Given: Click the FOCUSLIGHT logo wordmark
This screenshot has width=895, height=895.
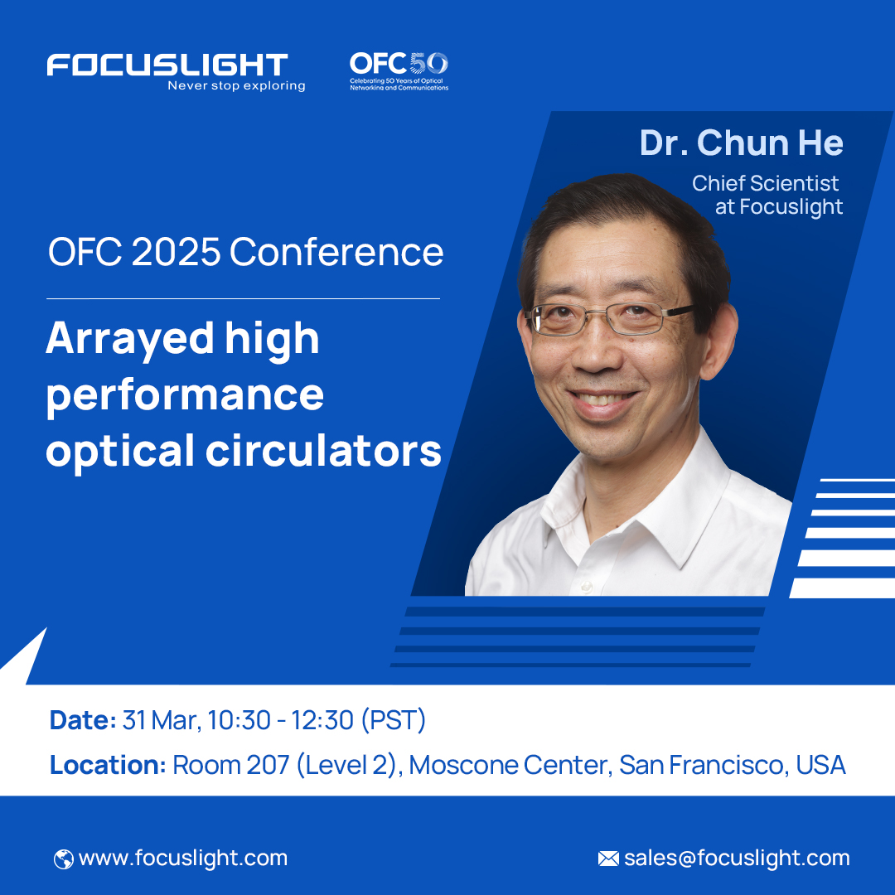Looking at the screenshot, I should click(x=167, y=65).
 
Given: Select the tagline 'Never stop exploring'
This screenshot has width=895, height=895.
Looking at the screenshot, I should click(x=236, y=86).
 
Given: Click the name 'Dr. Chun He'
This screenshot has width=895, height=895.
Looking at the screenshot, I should click(x=741, y=143).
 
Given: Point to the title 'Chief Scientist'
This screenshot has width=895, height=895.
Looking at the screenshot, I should click(x=766, y=183).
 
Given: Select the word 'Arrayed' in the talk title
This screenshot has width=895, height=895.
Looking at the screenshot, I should click(x=120, y=340).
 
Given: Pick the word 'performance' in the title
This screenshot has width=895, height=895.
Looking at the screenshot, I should click(x=185, y=395).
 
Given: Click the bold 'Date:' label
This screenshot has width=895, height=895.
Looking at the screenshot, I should click(x=83, y=720).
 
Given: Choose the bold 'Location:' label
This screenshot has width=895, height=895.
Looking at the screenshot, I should click(x=108, y=765).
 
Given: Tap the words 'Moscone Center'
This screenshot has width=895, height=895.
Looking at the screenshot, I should click(x=510, y=765).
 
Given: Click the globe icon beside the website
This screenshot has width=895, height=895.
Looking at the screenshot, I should click(x=63, y=859).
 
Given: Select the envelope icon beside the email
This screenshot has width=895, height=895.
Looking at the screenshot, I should click(x=608, y=859).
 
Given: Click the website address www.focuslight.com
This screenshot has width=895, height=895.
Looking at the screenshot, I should click(x=183, y=859).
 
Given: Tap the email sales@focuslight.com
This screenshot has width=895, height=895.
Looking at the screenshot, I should click(x=737, y=859).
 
